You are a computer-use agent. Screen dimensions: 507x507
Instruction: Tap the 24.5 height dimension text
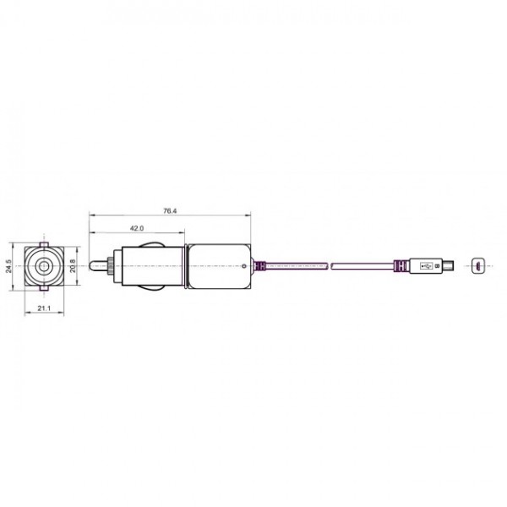pos(8,266)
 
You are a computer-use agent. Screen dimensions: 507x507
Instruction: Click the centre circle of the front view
pos(41,267)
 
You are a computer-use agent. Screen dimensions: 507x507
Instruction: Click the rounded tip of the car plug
pos(95,267)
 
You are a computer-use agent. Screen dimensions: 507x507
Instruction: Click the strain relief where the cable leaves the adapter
pos(260,267)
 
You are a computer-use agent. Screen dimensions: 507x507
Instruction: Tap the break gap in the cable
pos(330,267)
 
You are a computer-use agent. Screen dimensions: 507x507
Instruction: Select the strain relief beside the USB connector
pos(398,267)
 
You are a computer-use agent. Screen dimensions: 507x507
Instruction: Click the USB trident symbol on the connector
pos(424,267)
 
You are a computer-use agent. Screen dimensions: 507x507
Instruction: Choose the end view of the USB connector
pos(477,267)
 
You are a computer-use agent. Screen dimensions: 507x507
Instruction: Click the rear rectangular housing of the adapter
pos(218,267)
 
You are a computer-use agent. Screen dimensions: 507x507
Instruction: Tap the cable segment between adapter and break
pos(296,267)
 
